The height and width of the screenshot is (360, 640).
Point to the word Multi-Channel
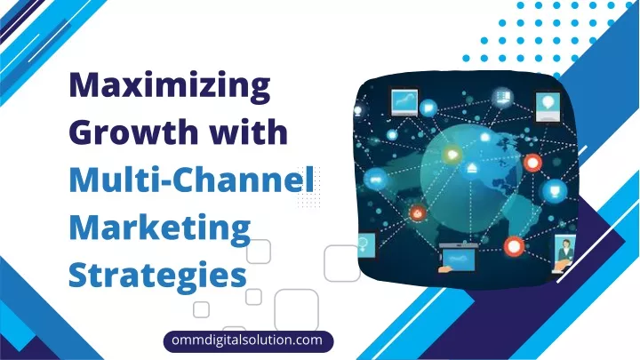tap(191, 180)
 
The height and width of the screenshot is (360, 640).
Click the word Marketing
tap(160, 228)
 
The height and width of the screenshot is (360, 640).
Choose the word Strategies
tap(157, 276)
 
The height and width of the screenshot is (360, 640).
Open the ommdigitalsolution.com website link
tap(248, 340)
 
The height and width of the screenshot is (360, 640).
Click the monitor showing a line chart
tap(404, 101)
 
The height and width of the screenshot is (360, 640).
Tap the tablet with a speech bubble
tap(548, 107)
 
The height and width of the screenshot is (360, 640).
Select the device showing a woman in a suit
tap(564, 252)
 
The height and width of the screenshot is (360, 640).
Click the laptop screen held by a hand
tap(459, 258)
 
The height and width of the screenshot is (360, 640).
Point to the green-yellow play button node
tap(452, 155)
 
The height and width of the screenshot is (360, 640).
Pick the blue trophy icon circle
tap(555, 190)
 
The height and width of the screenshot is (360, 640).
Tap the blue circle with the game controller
tap(375, 179)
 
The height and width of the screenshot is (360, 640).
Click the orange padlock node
tap(417, 212)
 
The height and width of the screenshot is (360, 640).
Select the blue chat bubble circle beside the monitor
tap(428, 108)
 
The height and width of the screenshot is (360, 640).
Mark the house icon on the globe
tap(472, 168)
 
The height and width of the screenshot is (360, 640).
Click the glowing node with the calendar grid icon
tap(503, 97)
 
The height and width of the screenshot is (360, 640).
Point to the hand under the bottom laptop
tap(445, 269)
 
